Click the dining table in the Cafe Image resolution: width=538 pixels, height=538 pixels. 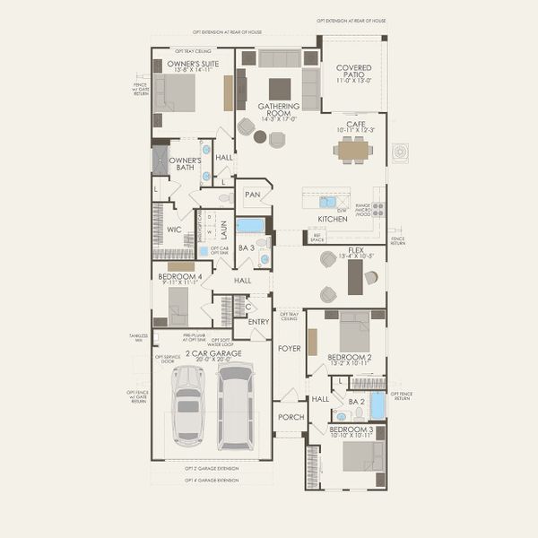tap(353, 150)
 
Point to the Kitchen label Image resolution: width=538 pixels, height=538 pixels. tap(332, 219)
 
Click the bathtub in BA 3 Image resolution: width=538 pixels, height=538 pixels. tap(250, 225)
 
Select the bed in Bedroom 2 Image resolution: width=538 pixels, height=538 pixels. tap(354, 332)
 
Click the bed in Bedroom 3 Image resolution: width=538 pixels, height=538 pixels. tap(362, 455)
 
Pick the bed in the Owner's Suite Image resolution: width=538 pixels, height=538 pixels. tap(178, 91)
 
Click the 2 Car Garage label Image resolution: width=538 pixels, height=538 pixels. tap(213, 353)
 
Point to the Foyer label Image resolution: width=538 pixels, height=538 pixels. tap(289, 348)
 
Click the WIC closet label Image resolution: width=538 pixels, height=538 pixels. tap(174, 230)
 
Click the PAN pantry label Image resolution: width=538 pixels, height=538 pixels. tap(252, 194)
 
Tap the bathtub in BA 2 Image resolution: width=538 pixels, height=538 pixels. tap(377, 405)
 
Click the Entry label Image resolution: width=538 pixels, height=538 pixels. tap(258, 322)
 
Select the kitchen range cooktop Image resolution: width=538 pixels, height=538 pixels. tap(378, 209)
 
